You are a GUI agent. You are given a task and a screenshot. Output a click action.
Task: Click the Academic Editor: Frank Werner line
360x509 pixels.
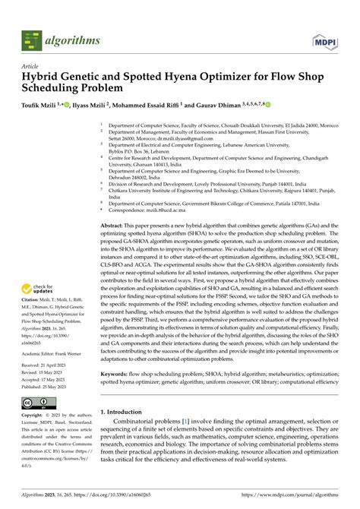click(57, 353)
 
